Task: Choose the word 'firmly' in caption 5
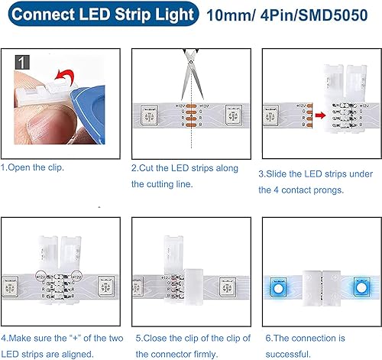click(221, 353)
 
